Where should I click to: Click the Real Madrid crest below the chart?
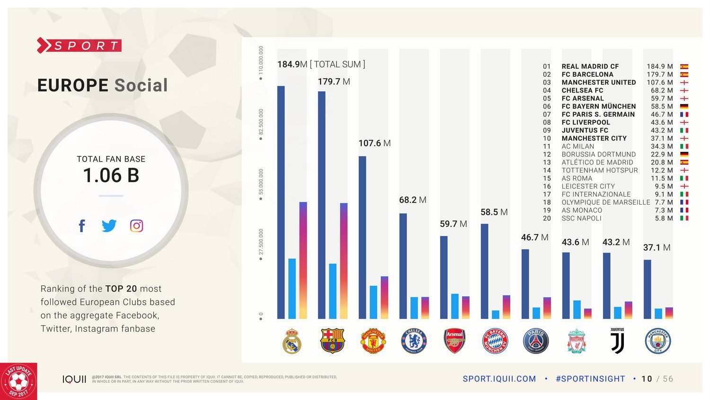pos(293,341)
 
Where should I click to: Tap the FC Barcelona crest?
pos(333,341)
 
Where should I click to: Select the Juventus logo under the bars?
pos(617,341)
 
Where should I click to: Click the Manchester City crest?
pos(658,341)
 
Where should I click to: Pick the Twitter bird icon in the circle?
pos(109,226)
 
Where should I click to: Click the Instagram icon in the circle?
pos(136,226)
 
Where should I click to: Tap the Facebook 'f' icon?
pos(82,226)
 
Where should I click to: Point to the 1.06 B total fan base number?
pos(111,175)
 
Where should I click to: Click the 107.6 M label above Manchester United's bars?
pos(374,143)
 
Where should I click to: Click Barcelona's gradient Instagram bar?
pos(344,261)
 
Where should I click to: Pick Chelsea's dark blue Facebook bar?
pos(403,266)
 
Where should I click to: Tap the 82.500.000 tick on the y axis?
pos(261,122)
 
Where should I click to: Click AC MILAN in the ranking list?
pos(577,146)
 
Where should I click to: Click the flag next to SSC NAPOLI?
pos(684,218)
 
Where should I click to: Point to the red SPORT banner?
pos(80,45)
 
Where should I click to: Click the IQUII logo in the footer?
pos(74,379)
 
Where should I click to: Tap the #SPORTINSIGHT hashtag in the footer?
pos(590,379)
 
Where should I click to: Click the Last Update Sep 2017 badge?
pos(18,382)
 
